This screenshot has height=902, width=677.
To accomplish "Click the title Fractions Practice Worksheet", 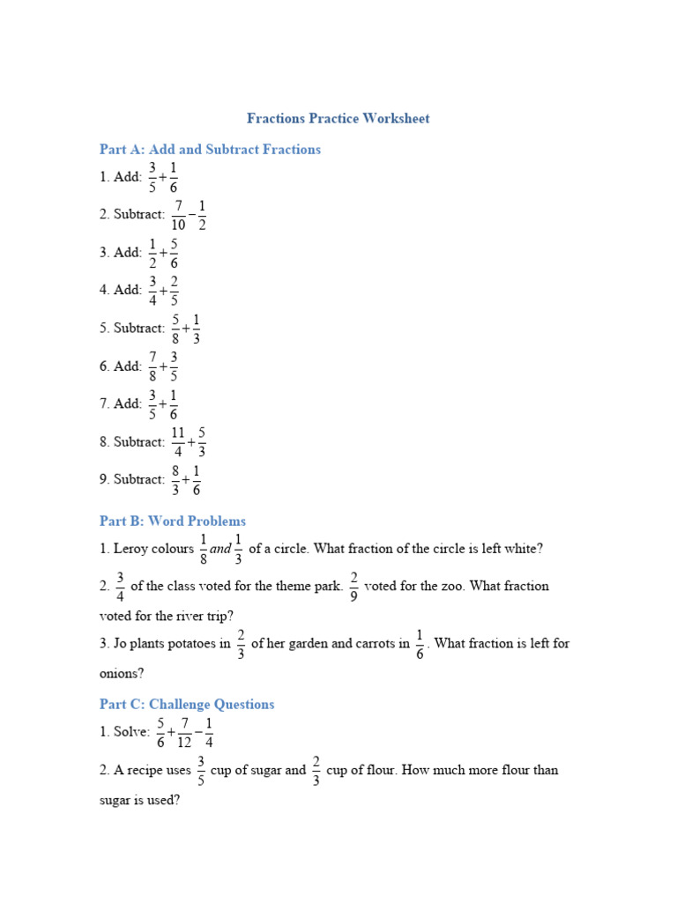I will point(338,118).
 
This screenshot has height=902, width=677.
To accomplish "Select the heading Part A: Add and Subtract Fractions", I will point(210,150).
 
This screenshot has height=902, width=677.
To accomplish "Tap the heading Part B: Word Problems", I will point(173,521).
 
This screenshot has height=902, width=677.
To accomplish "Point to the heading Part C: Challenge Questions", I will point(187,705).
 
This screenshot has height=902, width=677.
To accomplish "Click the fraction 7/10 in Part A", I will point(179,214).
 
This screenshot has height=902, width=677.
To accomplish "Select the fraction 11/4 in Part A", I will point(179,441).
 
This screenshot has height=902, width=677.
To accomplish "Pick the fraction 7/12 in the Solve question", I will point(185,733).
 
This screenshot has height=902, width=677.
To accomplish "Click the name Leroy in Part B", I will point(132,549).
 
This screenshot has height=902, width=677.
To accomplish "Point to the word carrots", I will point(370,644).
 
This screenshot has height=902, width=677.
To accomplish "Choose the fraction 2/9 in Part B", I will point(353,586).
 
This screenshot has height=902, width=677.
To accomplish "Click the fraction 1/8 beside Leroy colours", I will point(204,549).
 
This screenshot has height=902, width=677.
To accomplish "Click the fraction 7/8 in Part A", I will point(153,366).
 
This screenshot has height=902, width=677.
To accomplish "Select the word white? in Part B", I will point(524,549).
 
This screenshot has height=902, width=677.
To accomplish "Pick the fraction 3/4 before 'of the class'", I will point(120,586).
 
